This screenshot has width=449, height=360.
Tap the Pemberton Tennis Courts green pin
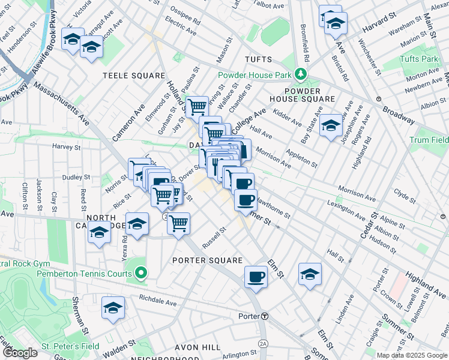point(141,274)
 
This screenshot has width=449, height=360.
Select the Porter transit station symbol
point(264,316)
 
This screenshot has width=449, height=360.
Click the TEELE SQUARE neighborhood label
point(134,76)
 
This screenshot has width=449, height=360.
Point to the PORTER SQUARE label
point(207,260)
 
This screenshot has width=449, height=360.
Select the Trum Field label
point(429,140)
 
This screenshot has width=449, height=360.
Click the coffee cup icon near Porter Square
point(256,277)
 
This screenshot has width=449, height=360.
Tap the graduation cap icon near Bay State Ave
point(330,125)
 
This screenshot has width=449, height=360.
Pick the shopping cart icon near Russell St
point(178,224)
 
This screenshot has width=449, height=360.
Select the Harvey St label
point(66,146)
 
